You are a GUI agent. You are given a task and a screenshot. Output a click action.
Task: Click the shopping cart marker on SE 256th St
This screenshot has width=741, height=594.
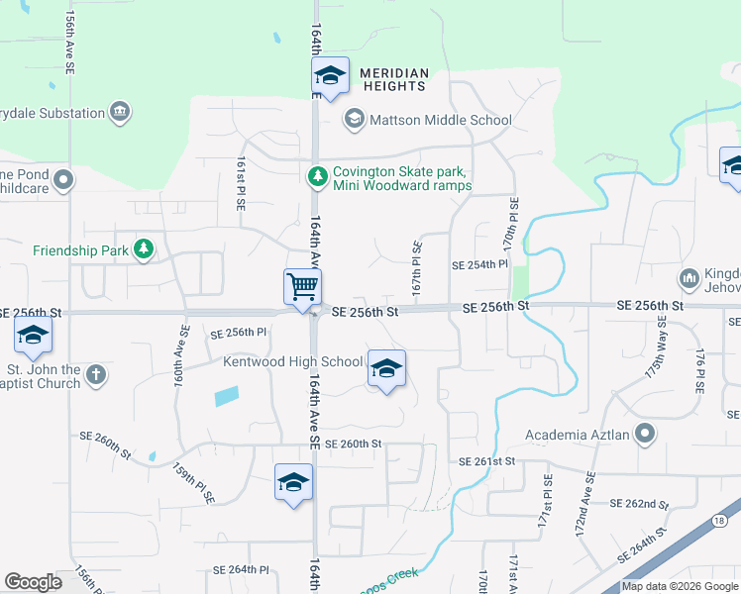302,287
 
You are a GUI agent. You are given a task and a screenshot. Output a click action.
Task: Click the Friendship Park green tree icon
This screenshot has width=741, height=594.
144,249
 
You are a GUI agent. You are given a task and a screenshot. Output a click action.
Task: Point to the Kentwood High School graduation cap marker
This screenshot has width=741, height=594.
385,369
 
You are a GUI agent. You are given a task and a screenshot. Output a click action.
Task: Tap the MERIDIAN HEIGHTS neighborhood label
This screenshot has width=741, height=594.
394,80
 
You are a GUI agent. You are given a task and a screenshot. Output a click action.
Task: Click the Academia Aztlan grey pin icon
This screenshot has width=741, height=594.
645,434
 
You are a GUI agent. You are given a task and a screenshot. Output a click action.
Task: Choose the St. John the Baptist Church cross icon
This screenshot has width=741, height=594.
95,375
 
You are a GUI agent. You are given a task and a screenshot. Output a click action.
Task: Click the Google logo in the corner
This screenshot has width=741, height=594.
33,582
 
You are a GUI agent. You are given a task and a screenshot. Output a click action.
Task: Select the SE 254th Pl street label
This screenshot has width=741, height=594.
479,265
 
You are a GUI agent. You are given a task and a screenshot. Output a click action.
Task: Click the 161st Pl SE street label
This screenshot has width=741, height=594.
241,183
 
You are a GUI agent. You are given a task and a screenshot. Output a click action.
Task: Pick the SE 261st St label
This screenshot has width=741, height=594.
487,462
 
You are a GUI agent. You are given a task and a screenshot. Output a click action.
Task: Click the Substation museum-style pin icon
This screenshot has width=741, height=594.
120,113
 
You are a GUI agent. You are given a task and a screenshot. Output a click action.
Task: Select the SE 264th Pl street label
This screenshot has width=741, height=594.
241,570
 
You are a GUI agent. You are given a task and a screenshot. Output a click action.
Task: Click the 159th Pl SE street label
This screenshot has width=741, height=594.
193,484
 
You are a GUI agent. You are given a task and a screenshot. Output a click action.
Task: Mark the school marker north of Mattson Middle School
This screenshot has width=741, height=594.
330,75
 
